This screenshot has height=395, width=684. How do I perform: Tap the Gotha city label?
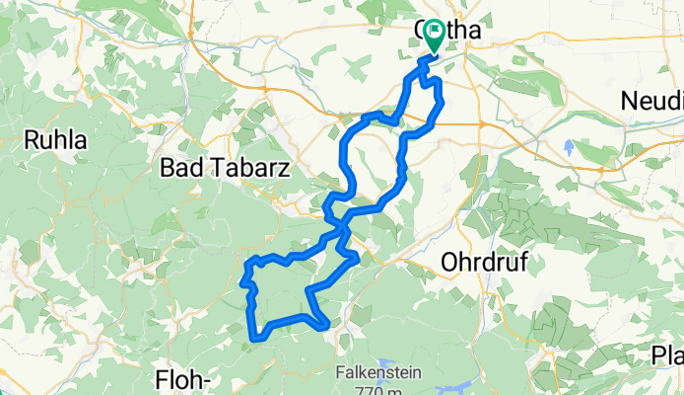tap(448, 31)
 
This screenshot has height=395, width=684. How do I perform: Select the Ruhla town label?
tap(55, 140)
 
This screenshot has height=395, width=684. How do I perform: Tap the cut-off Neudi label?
tap(652, 101)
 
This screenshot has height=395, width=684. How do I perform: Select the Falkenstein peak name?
tap(381, 374)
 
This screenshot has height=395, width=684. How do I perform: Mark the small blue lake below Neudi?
tap(569, 148)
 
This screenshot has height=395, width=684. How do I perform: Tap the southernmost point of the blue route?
tap(258, 340)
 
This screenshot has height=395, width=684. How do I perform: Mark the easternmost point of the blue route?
tap(443, 102)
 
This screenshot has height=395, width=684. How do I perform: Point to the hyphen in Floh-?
tap(220, 379)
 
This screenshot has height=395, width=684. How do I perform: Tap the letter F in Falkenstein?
tap(339, 374)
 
